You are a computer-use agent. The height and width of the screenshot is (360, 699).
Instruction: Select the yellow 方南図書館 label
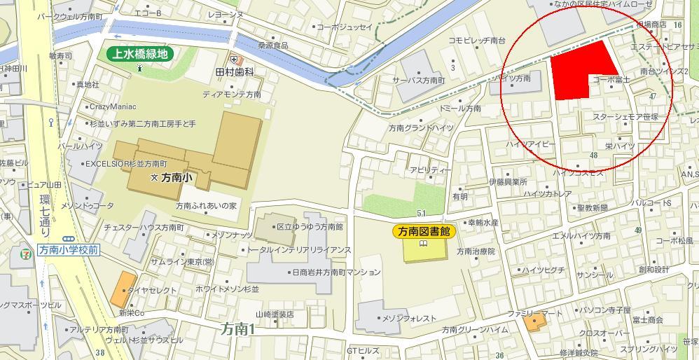pyautogui.click(x=423, y=231)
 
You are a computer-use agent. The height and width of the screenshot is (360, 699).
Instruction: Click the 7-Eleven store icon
pyautogui.click(x=26, y=249)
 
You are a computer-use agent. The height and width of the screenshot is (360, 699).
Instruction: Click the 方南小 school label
pyautogui.click(x=177, y=179)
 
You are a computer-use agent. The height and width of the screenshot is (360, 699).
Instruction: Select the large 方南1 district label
pyautogui.click(x=237, y=328)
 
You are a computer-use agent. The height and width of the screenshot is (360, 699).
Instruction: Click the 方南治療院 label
pyautogui.click(x=476, y=251)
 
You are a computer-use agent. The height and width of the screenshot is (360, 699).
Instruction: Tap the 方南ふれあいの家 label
pyautogui.click(x=207, y=206)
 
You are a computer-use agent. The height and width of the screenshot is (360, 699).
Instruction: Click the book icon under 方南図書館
pyautogui.click(x=423, y=244)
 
